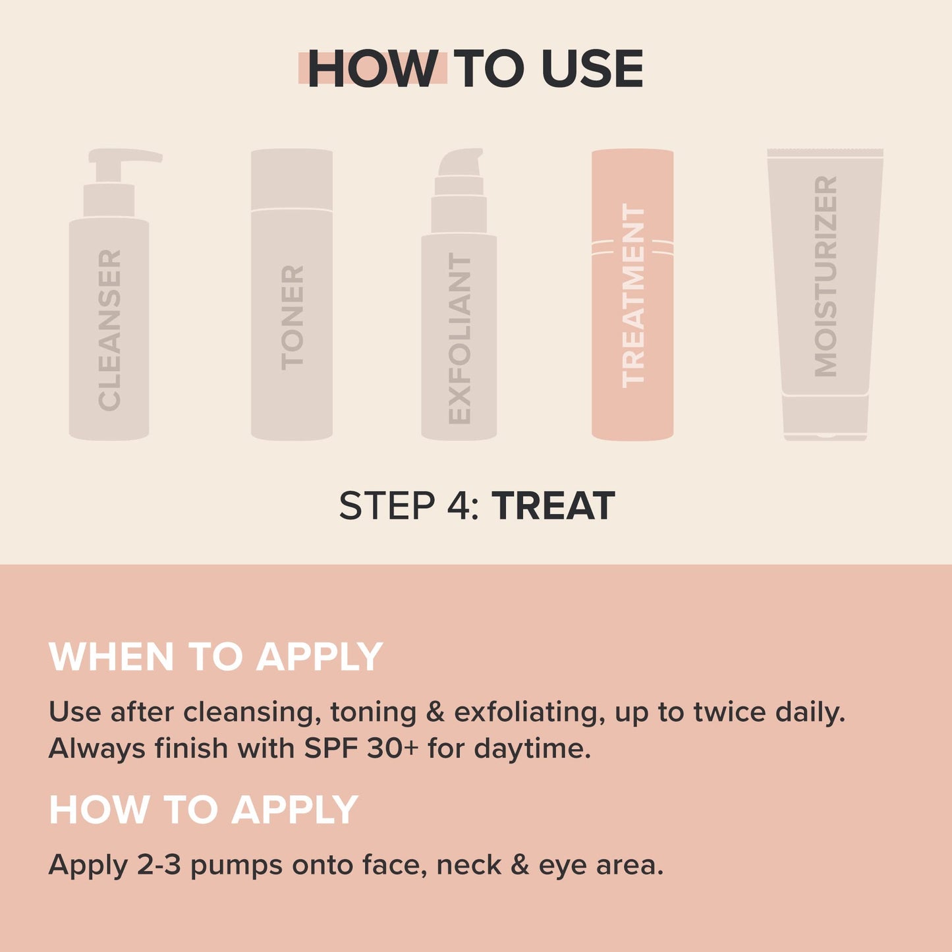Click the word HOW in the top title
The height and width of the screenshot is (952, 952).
tap(372, 69)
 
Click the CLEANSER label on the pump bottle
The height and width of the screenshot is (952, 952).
tap(109, 329)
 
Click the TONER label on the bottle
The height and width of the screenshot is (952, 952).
tap(292, 317)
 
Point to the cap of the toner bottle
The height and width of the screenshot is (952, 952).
tap(292, 179)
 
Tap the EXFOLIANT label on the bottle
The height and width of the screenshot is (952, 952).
tap(459, 338)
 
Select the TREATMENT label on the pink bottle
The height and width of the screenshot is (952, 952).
tap(633, 294)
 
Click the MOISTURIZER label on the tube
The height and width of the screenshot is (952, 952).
tap(825, 276)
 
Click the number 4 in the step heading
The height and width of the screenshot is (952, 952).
tap(457, 506)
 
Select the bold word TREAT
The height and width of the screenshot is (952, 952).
tap(553, 506)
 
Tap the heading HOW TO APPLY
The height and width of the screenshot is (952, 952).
tap(203, 809)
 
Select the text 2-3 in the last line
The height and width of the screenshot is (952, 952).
tap(159, 864)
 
